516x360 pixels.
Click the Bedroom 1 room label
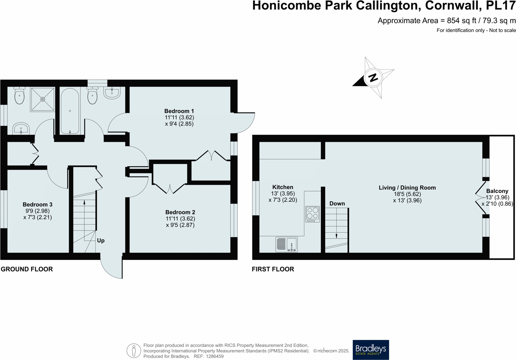(179, 111)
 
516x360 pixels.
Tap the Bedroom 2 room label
(180, 212)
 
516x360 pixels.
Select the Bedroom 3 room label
(38, 204)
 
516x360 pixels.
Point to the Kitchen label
(283, 187)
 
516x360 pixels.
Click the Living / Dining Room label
(407, 188)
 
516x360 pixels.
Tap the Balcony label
(497, 191)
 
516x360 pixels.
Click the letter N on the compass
(373, 77)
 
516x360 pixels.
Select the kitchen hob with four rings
(312, 214)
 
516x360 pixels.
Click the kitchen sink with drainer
(287, 244)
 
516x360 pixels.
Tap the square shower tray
(43, 99)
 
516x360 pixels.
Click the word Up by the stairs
(101, 241)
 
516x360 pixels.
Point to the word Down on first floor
(337, 204)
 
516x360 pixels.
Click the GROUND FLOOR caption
(27, 269)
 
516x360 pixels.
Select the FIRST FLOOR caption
(273, 269)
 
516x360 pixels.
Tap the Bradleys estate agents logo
(371, 350)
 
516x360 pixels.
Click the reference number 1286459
(214, 356)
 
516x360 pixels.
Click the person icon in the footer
(134, 351)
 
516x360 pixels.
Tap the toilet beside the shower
(19, 96)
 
